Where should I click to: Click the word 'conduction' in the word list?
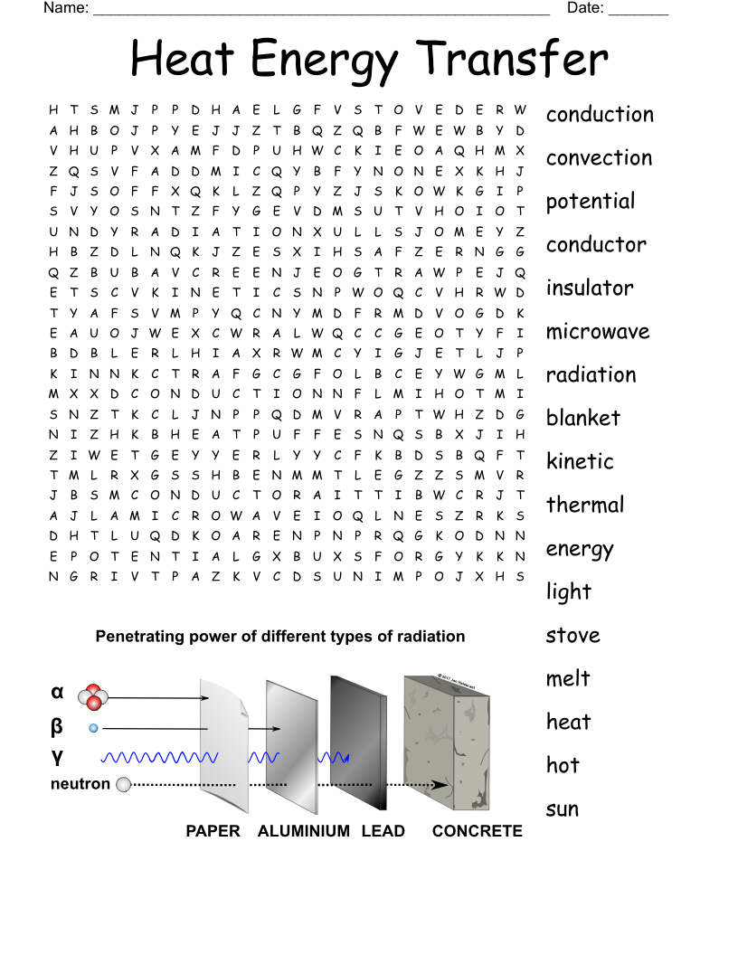click(599, 115)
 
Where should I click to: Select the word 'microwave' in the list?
click(597, 332)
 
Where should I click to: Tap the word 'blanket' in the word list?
click(582, 419)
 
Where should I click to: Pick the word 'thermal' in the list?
click(584, 505)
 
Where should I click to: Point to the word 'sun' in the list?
click(562, 809)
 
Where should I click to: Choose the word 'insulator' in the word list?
click(589, 288)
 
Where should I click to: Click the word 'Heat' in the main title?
click(183, 60)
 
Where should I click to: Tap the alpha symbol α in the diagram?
click(58, 693)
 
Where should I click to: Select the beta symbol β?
click(57, 725)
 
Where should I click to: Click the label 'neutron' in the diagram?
click(80, 784)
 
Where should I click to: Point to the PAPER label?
click(213, 831)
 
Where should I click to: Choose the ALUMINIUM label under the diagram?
click(303, 831)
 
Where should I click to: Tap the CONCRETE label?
click(477, 831)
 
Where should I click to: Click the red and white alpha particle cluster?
click(93, 697)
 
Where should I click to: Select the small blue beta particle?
click(93, 728)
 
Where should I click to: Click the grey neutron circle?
click(124, 784)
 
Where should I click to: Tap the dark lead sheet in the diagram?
click(358, 733)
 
